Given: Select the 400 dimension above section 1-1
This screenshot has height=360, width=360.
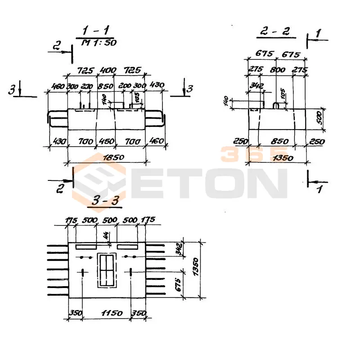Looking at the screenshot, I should click(107, 71).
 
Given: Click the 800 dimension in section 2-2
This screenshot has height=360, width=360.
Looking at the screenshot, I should click(278, 71).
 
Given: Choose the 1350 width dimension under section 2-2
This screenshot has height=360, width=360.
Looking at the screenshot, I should click(282, 157).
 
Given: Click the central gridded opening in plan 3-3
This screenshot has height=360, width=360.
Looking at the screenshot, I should click(106, 271).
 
